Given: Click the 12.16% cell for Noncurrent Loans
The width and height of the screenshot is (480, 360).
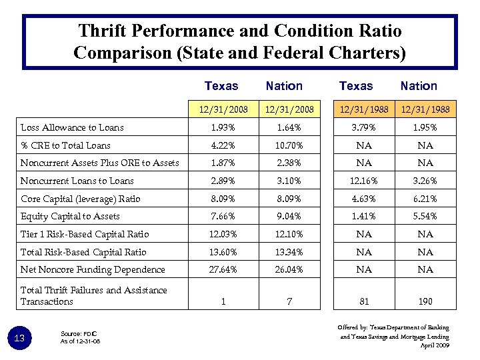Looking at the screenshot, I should pos(364,181).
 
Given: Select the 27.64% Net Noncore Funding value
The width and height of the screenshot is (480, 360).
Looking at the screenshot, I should pos(223,269).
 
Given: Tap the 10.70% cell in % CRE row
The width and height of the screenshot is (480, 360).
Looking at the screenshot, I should pos(289,145).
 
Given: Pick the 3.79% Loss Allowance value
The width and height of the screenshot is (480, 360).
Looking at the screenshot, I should pos(364,127).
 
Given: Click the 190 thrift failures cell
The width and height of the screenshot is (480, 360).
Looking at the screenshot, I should pos(425,301).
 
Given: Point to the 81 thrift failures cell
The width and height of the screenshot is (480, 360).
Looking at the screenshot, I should pos(364,301).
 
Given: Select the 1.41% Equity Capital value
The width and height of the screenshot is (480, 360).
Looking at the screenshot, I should pos(364,216).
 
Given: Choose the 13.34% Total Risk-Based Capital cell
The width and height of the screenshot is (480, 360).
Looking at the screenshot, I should pos(289,252).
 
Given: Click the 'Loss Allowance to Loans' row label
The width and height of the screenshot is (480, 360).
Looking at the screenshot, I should pos(72,127).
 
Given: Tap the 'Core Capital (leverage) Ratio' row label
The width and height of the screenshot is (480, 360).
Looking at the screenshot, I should pos(81,199).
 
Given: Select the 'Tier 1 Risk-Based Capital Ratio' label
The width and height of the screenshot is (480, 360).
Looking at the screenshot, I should pos(85,234).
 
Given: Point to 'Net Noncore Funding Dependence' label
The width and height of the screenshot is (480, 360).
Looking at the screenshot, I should pos(93,269).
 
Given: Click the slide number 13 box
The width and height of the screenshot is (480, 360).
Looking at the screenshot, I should pos(19,339).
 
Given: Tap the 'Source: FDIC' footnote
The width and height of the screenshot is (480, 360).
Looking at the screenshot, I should pos(78,333).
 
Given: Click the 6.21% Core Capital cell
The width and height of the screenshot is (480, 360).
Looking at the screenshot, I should pos(425,199).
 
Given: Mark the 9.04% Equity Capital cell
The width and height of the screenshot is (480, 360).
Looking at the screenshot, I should pos(289,216).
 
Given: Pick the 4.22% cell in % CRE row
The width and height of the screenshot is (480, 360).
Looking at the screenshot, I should pos(223,145).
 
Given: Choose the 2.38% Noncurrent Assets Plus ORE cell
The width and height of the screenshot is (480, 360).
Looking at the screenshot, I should pos(289,163).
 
